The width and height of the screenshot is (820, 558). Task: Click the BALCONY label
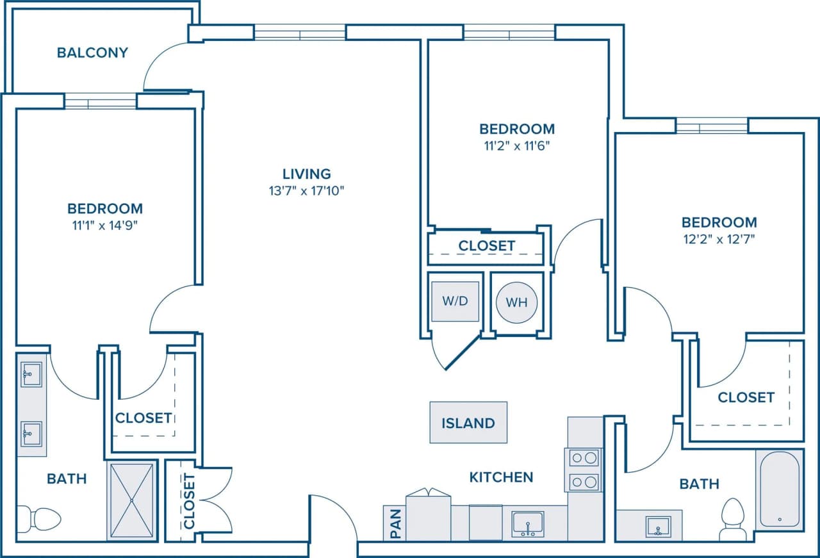point(92,53)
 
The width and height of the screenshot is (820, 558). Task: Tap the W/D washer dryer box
point(455,301)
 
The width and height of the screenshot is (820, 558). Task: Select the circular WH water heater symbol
point(517,302)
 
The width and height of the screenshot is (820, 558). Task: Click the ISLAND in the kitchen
point(468,423)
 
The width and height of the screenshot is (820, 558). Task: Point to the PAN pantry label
point(395,523)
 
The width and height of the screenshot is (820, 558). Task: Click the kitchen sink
point(528,524)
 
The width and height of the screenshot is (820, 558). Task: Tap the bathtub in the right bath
point(778,489)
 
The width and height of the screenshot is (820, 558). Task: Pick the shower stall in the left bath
point(131,500)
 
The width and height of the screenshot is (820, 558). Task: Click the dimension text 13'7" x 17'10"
point(307,190)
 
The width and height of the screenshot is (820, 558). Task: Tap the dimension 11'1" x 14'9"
point(105,225)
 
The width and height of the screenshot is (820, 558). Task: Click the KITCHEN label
point(501,477)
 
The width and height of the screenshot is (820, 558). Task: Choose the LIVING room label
point(307,174)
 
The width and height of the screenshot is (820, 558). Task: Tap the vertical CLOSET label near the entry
point(190,501)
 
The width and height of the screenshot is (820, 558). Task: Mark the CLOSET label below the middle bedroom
point(486,246)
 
